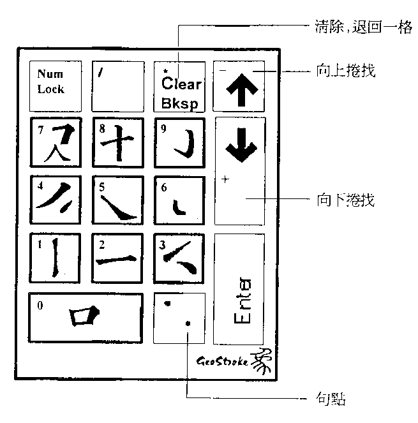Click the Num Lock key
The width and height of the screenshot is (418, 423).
click(56, 85)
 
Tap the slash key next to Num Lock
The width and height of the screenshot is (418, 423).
click(117, 85)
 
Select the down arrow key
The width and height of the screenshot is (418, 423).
click(239, 170)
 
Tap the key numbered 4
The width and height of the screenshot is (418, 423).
click(56, 200)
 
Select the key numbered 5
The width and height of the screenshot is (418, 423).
click(117, 200)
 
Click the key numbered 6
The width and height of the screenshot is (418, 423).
click(179, 200)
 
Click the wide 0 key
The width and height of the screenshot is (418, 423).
click(86, 317)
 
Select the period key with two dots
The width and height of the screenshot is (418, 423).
click(179, 317)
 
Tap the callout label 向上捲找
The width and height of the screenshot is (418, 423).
click(345, 70)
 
